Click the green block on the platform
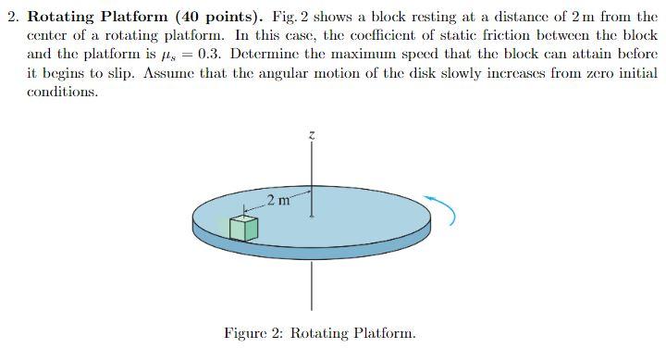click(242, 227)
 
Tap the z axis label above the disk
click(312, 135)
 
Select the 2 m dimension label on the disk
click(277, 200)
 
